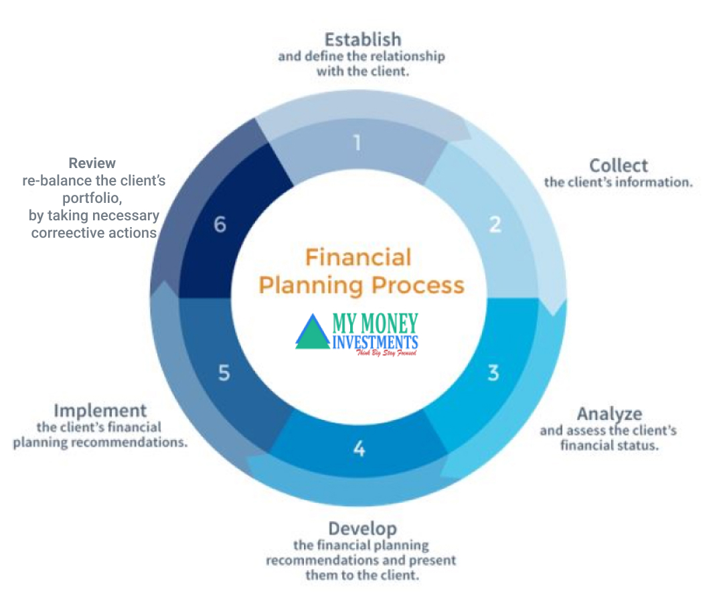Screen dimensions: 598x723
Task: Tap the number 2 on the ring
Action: pos(495,224)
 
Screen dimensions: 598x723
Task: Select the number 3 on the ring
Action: pos(493,372)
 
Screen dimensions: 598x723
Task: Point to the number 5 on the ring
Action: pos(224,373)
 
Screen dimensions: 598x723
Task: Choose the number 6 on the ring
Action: pos(220,225)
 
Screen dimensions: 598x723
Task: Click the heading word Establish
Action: pos(362,38)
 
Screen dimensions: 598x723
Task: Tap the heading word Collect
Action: pos(618,165)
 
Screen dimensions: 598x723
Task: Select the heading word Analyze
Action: pos(609,413)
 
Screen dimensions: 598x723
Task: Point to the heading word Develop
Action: pos(362,528)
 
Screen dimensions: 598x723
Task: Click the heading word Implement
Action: pos(100,410)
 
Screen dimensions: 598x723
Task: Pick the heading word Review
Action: pos(92,163)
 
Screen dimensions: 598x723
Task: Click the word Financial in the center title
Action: pos(358,256)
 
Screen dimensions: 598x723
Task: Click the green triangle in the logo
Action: pos(313,333)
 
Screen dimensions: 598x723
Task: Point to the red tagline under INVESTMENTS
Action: pos(386,352)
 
